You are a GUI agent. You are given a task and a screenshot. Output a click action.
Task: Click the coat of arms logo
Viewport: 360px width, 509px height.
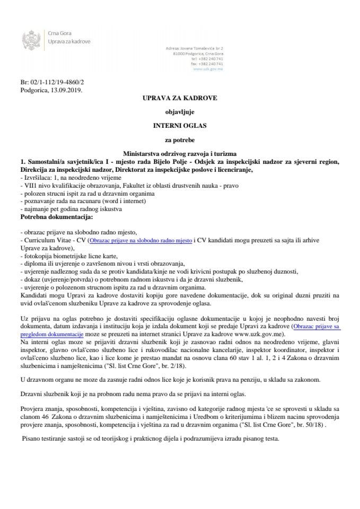tap(30, 39)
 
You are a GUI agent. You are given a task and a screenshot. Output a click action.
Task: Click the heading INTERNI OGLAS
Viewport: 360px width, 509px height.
tap(180, 126)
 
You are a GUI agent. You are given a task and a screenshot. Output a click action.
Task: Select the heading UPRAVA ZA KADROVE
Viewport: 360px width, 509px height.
tap(180, 99)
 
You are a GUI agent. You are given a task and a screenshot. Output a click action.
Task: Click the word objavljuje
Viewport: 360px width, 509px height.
tap(180, 112)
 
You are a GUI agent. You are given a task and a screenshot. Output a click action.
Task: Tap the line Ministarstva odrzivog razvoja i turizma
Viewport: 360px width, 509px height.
tap(180, 153)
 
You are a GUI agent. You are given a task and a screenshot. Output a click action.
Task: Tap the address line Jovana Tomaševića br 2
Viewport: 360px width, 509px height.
tap(208, 48)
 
